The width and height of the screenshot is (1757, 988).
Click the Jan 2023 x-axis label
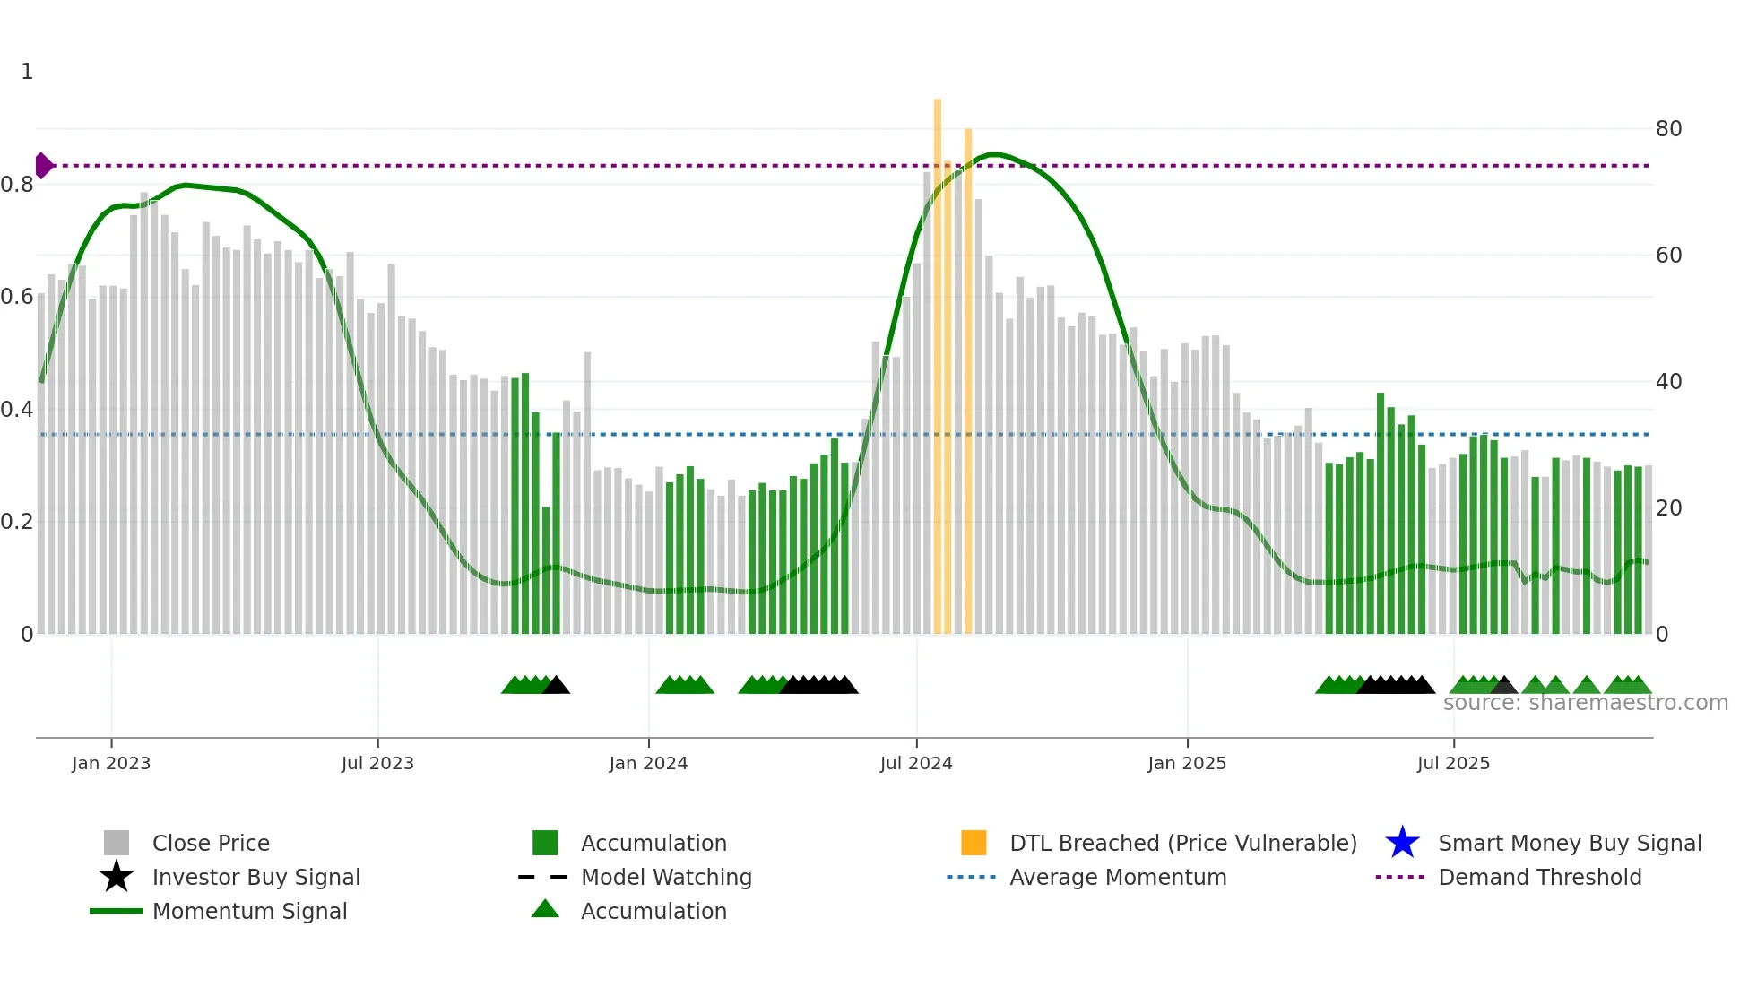point(111,764)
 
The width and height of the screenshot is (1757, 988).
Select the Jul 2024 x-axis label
point(916,764)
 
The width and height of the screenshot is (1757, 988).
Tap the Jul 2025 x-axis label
point(1453,764)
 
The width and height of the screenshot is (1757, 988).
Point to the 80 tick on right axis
point(1668,129)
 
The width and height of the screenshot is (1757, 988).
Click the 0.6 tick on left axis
point(17,297)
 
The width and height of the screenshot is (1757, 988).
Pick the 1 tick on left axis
point(27,72)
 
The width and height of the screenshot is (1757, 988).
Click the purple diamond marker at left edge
point(43,166)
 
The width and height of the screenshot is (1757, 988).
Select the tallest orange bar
point(938,359)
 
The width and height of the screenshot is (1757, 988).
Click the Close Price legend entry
point(211,844)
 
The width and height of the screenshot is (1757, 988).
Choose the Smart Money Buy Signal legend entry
point(1570,844)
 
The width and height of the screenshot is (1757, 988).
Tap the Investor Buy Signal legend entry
point(255,878)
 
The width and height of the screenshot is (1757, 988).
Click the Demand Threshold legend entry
point(1539,878)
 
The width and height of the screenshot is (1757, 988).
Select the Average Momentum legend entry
point(1118,878)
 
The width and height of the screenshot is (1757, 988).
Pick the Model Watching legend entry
point(666,878)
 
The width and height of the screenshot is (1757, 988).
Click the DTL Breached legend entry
point(1182,844)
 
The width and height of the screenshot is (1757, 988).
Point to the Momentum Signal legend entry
point(249,912)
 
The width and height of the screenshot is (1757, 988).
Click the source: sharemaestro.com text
point(1585,703)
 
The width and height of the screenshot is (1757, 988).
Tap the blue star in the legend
point(1402,844)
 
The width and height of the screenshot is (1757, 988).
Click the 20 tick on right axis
point(1668,508)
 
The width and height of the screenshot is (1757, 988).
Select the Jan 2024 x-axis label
point(648,764)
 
